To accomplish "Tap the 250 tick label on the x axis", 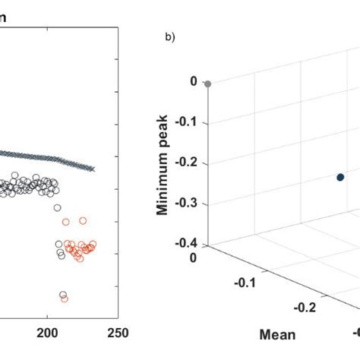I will click(x=118, y=332).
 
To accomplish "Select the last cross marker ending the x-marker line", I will click(x=93, y=169).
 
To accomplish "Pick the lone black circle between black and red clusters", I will click(x=57, y=207).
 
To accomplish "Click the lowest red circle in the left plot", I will click(x=64, y=298).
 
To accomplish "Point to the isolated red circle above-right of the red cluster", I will click(x=83, y=220).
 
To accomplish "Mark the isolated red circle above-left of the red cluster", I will click(x=65, y=222).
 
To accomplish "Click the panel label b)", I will click(x=169, y=36).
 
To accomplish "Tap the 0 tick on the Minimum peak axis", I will click(x=194, y=81).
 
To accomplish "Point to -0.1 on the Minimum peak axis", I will click(x=187, y=122).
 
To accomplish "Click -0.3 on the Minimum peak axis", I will click(x=187, y=204).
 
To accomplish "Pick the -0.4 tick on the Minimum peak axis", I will click(x=187, y=244).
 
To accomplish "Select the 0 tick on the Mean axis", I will click(x=193, y=258).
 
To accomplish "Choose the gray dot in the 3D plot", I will click(x=208, y=84).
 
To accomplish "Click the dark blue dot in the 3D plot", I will click(x=340, y=177).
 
